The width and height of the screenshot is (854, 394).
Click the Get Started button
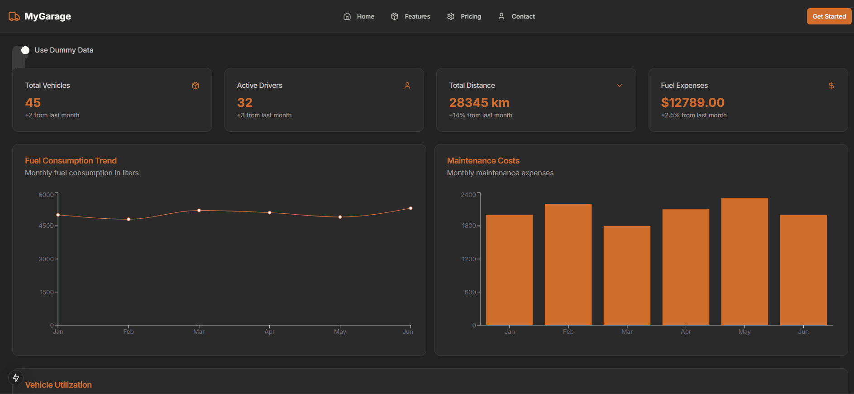[829, 16]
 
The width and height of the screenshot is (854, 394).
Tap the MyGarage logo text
[48, 16]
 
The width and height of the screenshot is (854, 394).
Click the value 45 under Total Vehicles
[33, 103]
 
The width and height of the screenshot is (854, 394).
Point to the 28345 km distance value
[479, 103]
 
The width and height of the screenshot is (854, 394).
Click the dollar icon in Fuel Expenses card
[831, 86]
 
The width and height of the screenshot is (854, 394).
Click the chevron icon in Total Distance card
[619, 86]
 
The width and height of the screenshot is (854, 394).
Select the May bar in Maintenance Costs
[744, 261]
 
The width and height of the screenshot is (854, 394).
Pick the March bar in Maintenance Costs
[627, 275]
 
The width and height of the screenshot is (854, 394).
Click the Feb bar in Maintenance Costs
[568, 264]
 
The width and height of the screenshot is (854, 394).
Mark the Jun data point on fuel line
[410, 208]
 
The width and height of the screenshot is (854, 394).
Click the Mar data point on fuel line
[199, 211]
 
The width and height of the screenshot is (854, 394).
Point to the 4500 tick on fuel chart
[46, 226]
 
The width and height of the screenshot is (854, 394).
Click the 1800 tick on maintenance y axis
[469, 226]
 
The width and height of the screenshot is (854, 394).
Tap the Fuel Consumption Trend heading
[71, 161]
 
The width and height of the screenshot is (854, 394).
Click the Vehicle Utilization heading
[58, 385]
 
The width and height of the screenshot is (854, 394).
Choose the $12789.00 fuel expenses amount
[692, 103]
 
